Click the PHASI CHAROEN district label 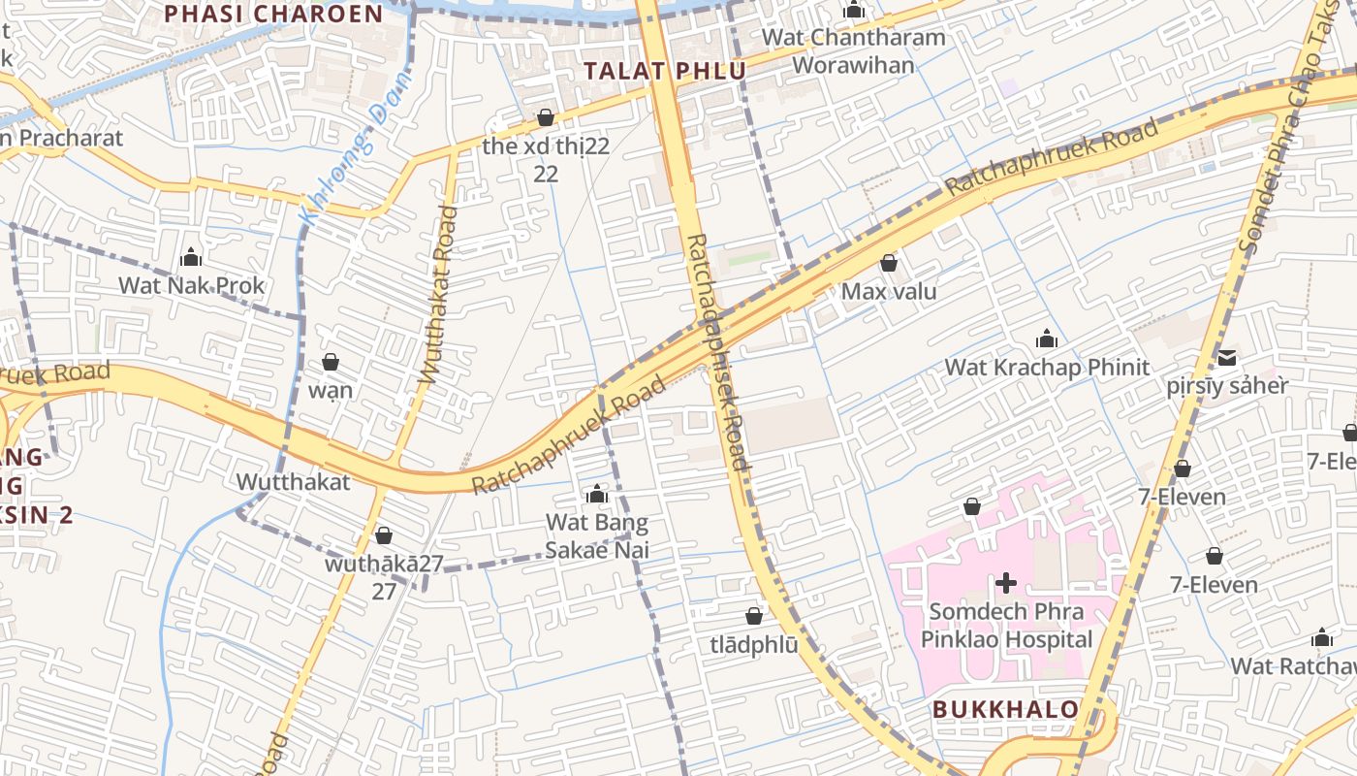(274, 14)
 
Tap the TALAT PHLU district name (665, 71)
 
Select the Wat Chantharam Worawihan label (853, 51)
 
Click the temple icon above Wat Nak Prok (191, 257)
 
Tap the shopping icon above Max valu (889, 263)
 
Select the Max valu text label (889, 291)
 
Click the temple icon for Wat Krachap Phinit (1047, 339)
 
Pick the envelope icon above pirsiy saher (1227, 357)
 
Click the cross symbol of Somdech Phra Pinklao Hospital (1006, 583)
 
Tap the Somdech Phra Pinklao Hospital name (1006, 626)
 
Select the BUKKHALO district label (1006, 709)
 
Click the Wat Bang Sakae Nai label (597, 536)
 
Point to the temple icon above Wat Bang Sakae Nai (597, 495)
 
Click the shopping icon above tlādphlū (754, 616)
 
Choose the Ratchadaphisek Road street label (717, 352)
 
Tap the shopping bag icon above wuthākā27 (384, 535)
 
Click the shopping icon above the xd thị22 (546, 117)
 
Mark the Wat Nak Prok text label (191, 285)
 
